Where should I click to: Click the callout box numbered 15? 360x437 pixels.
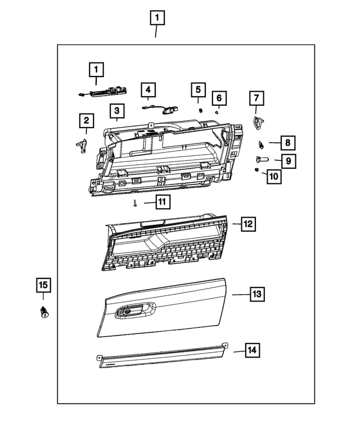(x=43, y=286)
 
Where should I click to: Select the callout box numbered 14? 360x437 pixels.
(x=251, y=350)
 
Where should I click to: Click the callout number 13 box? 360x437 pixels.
(x=256, y=294)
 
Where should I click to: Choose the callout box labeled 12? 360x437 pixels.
(x=248, y=224)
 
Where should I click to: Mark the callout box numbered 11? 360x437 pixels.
(x=162, y=201)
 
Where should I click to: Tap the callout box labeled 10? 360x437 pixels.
(x=273, y=176)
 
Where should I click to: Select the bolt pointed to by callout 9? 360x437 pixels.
(x=263, y=160)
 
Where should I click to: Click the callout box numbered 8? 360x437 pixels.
(x=286, y=143)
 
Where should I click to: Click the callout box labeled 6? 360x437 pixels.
(x=219, y=98)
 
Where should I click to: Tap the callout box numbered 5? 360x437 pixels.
(x=197, y=89)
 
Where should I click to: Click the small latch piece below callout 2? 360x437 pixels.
(x=82, y=145)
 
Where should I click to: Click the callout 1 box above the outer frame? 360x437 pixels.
(x=157, y=18)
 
